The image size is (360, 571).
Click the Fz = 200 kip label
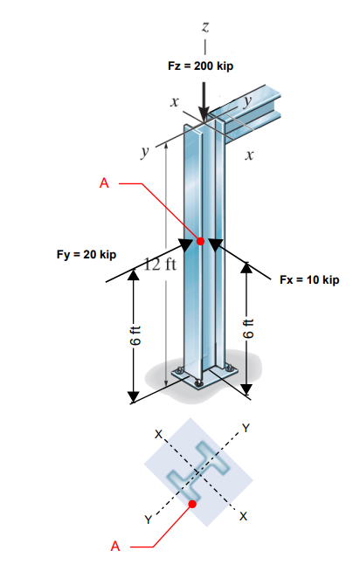coord(202,67)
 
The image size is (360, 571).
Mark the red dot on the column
coord(200,240)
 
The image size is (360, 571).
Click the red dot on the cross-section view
coord(192,504)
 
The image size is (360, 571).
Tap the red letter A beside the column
coord(106,183)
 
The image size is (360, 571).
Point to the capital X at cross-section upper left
coord(158,433)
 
